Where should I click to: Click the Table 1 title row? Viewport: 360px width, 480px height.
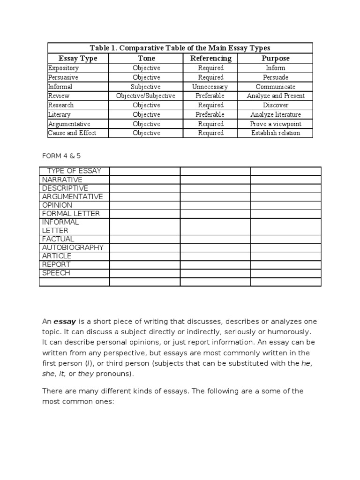pos(180,48)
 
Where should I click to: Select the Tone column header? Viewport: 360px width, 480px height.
pos(146,59)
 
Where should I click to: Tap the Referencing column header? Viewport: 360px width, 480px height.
pos(210,59)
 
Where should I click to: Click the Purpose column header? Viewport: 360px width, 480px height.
pos(275,59)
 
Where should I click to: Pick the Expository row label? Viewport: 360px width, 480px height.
pos(63,68)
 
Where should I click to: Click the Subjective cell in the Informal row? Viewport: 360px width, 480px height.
pos(146,87)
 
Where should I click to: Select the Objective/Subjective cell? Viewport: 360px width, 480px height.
pos(146,96)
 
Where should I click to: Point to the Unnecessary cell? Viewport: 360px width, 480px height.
pos(210,87)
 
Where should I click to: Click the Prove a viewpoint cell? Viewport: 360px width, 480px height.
pos(275,124)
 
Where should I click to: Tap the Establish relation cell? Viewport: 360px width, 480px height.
pos(275,133)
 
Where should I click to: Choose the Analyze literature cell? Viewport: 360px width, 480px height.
pos(275,114)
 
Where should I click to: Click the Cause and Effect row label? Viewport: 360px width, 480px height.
pos(72,133)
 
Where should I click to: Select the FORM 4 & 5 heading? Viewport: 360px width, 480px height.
pos(59,156)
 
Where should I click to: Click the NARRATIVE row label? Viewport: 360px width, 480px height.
pos(62,180)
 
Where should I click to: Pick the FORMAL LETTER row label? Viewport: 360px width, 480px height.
pos(71,213)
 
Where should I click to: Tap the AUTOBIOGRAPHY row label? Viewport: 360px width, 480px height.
pos(73,247)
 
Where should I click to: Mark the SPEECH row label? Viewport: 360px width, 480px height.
pos(56,273)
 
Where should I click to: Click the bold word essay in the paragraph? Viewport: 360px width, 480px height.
pos(65,322)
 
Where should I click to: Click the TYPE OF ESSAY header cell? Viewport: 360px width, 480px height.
pos(75,171)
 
